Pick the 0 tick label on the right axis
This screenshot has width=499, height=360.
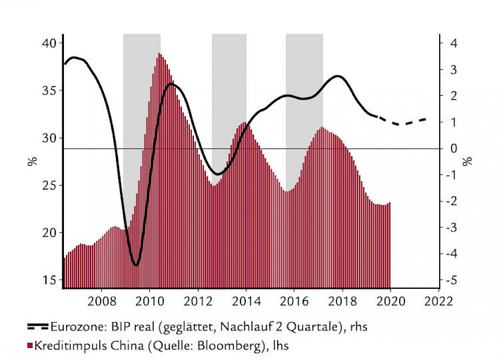(453, 149)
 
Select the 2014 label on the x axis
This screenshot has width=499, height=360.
(246, 301)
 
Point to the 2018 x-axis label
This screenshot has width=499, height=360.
(343, 301)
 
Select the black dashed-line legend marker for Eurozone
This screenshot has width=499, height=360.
(38, 327)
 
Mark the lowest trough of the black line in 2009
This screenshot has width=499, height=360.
(136, 265)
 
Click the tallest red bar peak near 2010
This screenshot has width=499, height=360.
(159, 54)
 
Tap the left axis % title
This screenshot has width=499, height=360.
(32, 161)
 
